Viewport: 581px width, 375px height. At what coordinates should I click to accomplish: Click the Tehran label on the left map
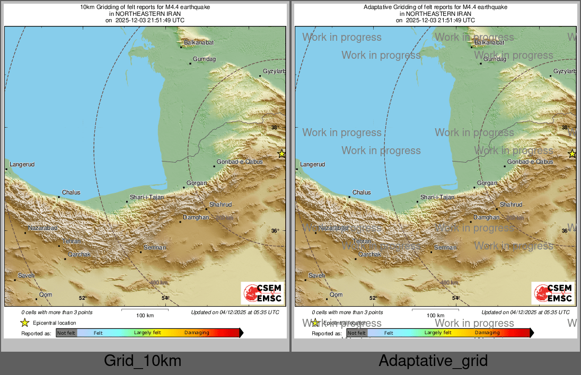[71, 241]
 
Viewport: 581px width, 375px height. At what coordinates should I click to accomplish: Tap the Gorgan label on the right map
[487, 183]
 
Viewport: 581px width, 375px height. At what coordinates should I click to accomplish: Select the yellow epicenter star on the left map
[281, 154]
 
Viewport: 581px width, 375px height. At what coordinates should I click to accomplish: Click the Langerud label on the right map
[312, 164]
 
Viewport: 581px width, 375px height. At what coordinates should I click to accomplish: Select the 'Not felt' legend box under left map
[66, 333]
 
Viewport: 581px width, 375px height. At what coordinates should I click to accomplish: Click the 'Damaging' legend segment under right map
[487, 333]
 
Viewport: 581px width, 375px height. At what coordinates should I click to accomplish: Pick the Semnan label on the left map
[155, 247]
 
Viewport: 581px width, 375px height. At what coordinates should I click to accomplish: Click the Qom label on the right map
[336, 294]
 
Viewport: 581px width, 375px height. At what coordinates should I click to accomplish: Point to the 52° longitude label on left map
[82, 298]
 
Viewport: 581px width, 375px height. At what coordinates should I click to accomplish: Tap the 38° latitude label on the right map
[565, 128]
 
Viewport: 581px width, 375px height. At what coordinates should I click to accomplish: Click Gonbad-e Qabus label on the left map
[240, 162]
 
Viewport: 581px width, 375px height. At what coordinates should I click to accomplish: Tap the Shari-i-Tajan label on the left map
[147, 197]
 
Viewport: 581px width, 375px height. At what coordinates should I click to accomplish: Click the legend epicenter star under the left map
[24, 323]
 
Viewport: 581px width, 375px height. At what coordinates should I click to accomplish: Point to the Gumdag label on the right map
[495, 59]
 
